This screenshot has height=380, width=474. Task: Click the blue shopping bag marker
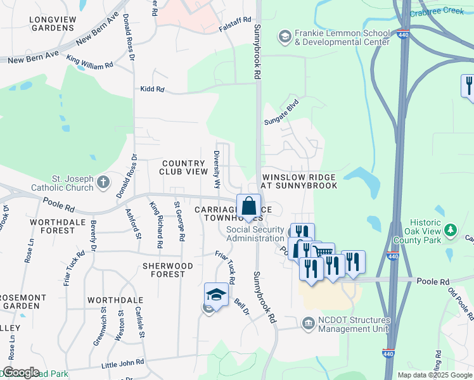[248, 207]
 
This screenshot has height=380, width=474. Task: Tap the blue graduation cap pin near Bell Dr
[216, 295]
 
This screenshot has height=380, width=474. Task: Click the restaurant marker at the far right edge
[468, 85]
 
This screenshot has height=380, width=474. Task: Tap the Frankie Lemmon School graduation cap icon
[285, 37]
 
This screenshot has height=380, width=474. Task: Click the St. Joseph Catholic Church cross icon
[103, 184]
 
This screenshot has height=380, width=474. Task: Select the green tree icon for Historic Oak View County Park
[451, 229]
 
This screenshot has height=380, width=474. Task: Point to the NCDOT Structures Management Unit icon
[309, 323]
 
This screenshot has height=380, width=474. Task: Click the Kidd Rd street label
[152, 90]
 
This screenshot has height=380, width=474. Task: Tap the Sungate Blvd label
[281, 112]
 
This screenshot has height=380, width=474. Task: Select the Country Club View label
[176, 167]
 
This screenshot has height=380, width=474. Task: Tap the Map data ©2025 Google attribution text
[434, 375]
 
